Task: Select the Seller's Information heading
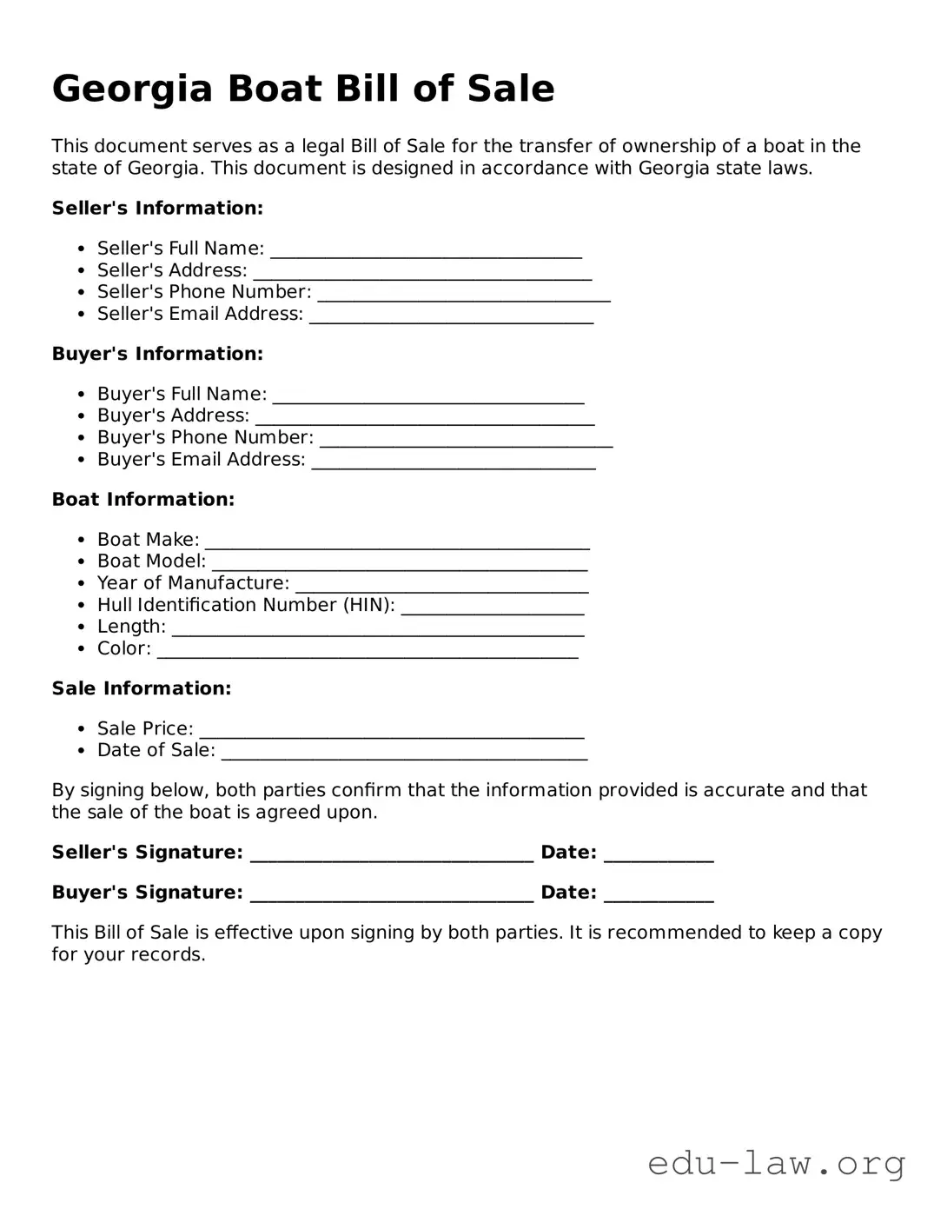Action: (157, 209)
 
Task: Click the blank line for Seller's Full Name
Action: (426, 252)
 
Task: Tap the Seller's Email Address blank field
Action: (452, 317)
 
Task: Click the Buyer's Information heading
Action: (157, 354)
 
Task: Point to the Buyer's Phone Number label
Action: (205, 437)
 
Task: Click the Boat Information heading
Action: (143, 500)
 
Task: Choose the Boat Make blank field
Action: (397, 543)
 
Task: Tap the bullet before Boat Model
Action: (81, 562)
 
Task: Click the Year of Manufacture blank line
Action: (441, 587)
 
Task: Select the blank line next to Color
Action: (368, 652)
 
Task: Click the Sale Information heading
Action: (142, 688)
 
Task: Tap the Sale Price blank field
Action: (391, 732)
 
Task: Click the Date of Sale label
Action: (156, 750)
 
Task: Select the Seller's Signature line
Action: (392, 856)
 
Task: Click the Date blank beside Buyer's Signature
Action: (659, 896)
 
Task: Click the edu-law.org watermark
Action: (777, 1162)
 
